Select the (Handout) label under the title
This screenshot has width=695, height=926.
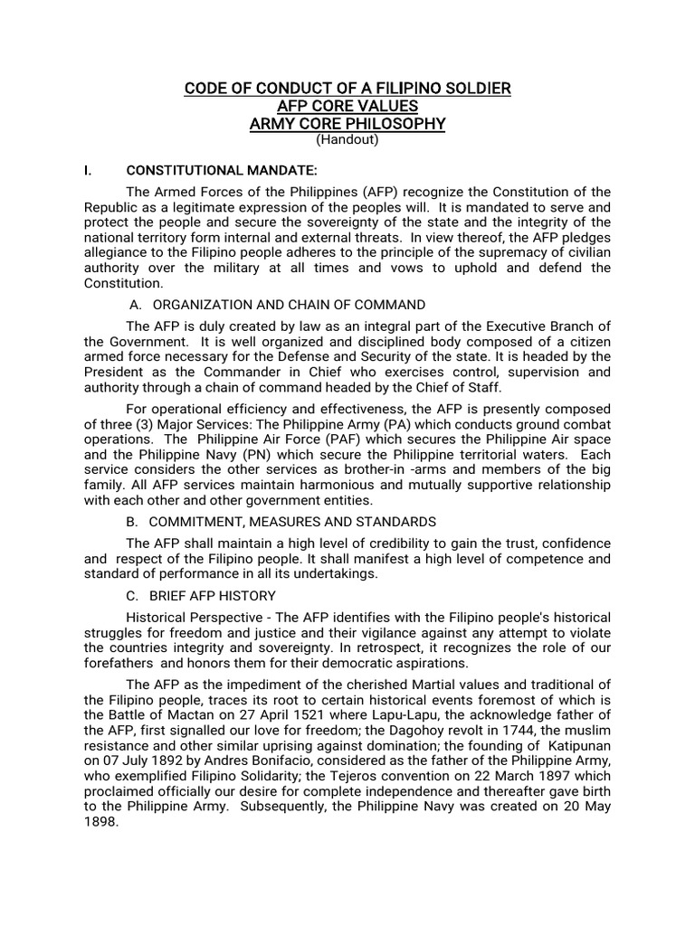pyautogui.click(x=347, y=140)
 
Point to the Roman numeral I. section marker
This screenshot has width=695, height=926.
pyautogui.click(x=88, y=170)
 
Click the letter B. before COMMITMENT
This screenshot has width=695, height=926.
pyautogui.click(x=132, y=522)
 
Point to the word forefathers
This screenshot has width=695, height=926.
pyautogui.click(x=124, y=663)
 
